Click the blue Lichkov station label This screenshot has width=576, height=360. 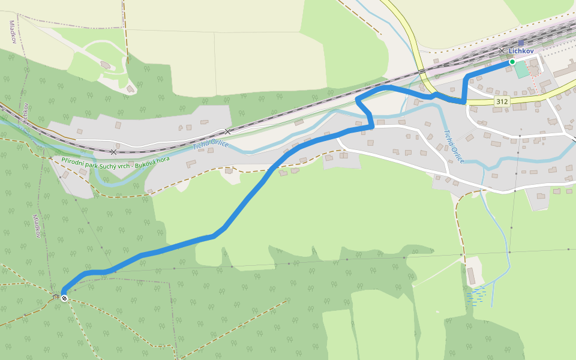pos(521,52)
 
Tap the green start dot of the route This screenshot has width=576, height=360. pos(512,62)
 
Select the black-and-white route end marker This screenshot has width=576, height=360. pos(64,298)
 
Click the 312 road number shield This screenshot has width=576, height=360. pos(502,102)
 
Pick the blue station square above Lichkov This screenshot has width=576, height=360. pos(521,43)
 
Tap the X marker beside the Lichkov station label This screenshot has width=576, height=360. pos(502,51)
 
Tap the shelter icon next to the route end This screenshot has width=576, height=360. pos(56,296)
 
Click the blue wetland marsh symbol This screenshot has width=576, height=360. pos(477,295)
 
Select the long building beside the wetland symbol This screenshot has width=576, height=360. pos(471,276)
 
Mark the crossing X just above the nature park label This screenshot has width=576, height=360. pos(113,152)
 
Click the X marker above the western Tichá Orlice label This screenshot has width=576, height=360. pos(228,131)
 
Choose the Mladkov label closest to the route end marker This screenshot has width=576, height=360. pos(37,226)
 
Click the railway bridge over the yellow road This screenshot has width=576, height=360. pos(422,71)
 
